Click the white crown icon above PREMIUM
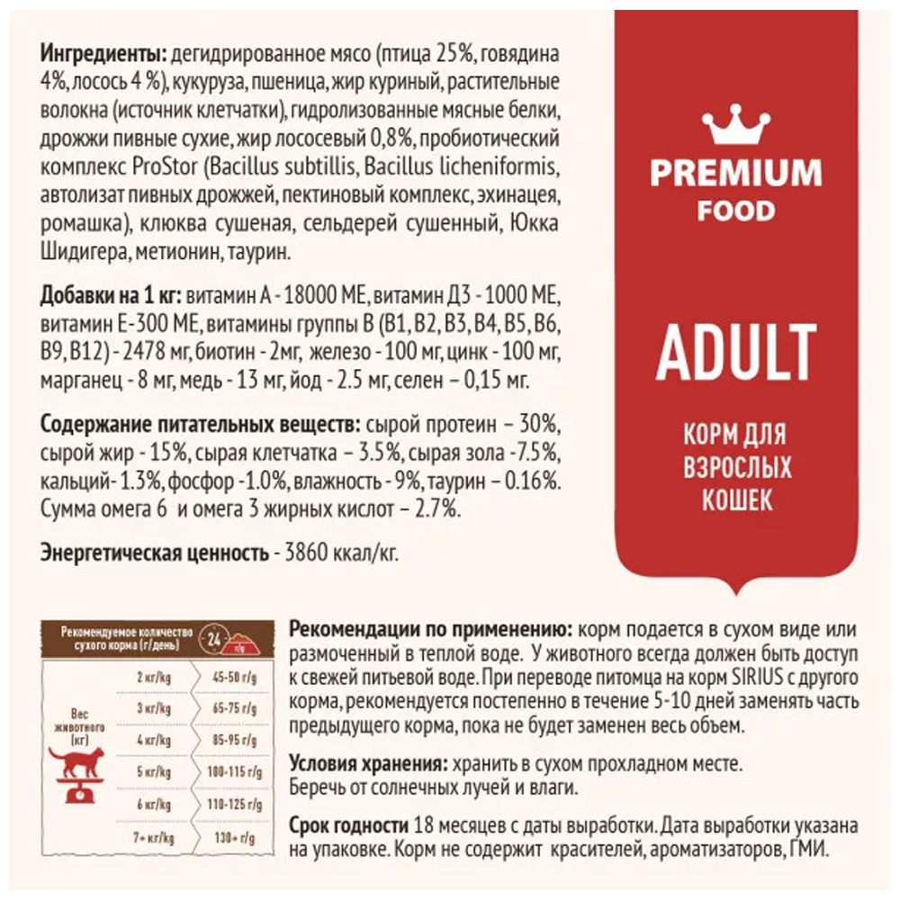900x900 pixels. [x=736, y=128]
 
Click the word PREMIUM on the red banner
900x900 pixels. [x=736, y=173]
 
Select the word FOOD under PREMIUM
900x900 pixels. [x=736, y=211]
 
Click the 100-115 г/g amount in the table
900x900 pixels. [x=229, y=771]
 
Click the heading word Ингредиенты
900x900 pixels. [x=100, y=52]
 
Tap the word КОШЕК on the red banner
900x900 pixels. [x=736, y=499]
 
